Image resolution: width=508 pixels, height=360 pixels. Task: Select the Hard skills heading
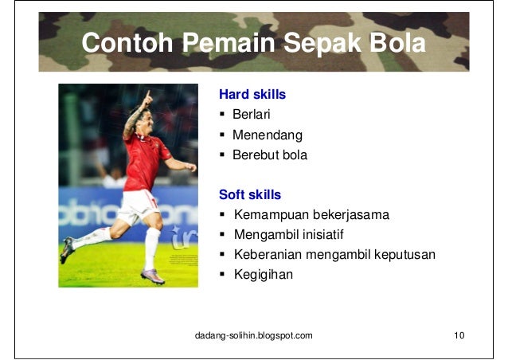[252, 95]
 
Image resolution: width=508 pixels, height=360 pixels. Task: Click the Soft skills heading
[250, 194]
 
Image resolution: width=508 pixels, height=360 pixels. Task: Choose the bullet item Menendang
[267, 135]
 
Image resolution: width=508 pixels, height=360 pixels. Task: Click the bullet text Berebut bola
[269, 155]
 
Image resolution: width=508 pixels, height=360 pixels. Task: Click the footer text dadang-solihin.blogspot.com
[254, 335]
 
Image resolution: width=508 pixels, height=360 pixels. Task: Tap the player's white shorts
[138, 205]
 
